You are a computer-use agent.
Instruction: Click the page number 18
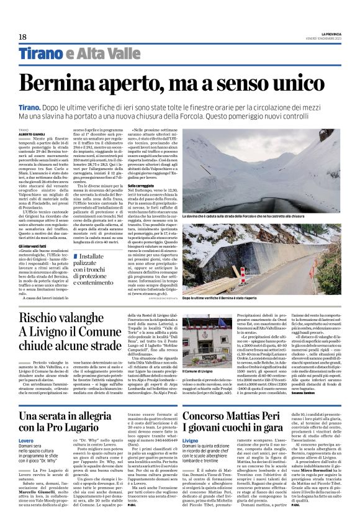[22, 37]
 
